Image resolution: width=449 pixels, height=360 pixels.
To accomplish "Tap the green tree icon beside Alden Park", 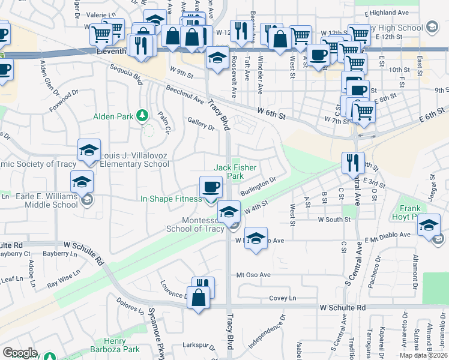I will [x=142, y=115].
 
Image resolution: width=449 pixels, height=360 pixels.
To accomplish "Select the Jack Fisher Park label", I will [x=229, y=172].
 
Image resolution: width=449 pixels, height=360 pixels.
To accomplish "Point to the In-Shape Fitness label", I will [x=171, y=199].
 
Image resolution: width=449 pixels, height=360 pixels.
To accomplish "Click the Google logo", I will [x=20, y=353].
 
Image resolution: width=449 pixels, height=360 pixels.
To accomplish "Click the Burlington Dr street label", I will [x=258, y=185].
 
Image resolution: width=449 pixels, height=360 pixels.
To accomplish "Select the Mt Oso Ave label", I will [x=254, y=275].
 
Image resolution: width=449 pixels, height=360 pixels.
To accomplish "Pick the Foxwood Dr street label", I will [x=65, y=100].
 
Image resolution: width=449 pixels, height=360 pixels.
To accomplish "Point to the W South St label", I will [x=334, y=220].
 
